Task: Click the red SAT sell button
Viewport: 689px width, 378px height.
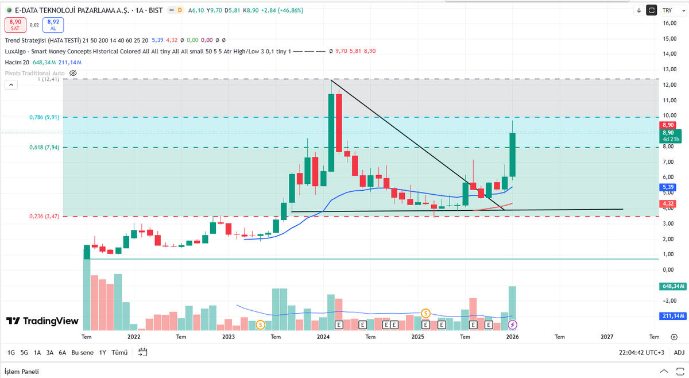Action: (16, 25)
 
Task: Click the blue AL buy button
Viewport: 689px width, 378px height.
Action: (53, 25)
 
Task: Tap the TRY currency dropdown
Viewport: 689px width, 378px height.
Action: (673, 10)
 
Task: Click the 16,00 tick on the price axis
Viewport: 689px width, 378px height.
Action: (669, 24)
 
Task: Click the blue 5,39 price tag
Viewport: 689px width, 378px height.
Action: (668, 187)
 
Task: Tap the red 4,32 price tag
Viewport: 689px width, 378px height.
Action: (668, 203)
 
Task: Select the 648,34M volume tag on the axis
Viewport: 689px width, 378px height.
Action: (673, 286)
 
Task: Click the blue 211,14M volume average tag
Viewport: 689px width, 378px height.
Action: (673, 316)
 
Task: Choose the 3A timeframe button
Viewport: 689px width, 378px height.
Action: (49, 353)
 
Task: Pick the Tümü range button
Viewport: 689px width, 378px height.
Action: (119, 353)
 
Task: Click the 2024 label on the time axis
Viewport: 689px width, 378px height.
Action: (323, 337)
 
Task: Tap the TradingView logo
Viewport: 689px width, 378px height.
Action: (42, 321)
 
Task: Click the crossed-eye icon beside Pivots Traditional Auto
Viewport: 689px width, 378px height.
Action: (73, 74)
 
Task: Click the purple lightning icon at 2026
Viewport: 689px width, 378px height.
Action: (512, 325)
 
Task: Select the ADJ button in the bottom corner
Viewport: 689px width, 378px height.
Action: (679, 353)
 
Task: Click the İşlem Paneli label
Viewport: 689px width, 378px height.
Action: (22, 372)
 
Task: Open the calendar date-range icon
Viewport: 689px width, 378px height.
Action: (143, 353)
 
